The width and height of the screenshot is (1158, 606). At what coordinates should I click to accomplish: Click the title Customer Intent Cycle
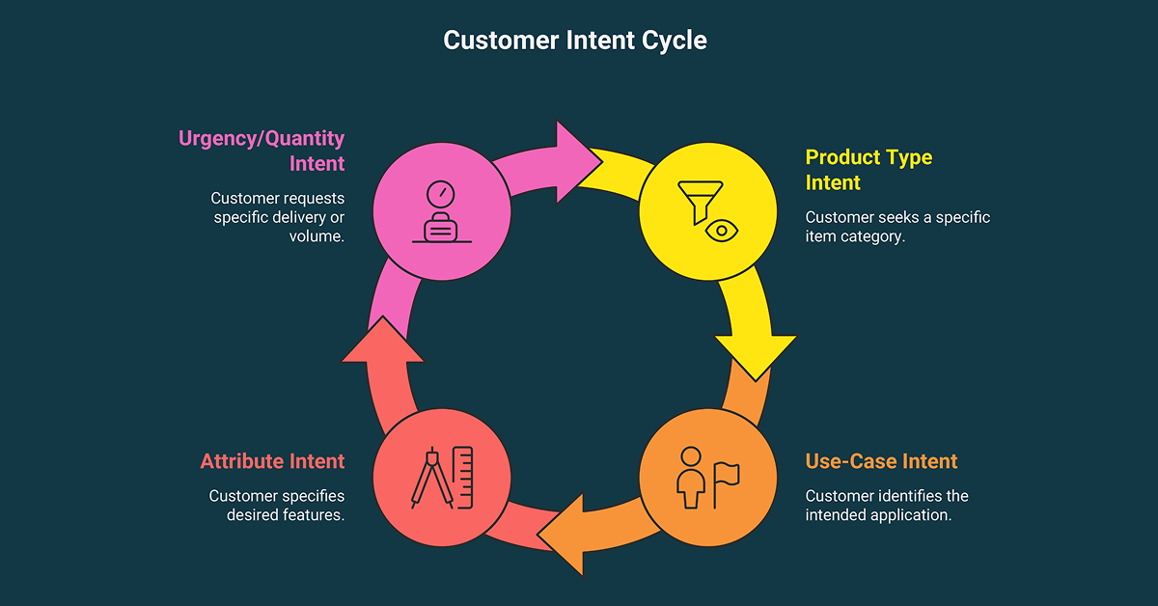coord(575,41)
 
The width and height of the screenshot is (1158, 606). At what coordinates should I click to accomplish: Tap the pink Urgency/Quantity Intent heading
coord(262,151)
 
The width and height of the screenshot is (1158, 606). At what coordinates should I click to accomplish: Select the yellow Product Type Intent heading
coord(868,169)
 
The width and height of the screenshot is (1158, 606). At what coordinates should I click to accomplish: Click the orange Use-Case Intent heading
coord(880,461)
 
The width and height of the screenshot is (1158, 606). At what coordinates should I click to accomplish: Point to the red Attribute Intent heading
coord(272,461)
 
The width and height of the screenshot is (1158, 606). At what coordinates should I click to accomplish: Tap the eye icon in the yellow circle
coord(719,230)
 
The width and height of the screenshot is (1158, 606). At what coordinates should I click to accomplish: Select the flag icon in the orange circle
coord(725,479)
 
